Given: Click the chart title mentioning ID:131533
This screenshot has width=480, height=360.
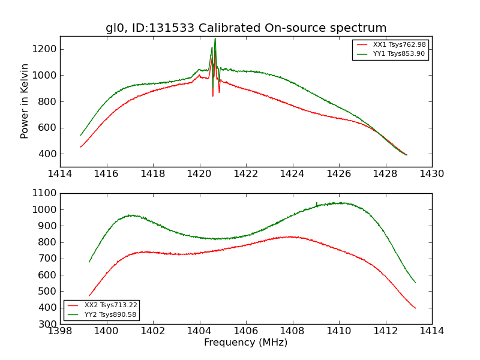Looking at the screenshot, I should (x=246, y=28).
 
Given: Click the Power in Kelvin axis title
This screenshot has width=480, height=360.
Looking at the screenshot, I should (x=25, y=101).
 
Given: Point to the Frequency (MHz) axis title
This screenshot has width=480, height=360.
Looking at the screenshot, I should (x=246, y=343).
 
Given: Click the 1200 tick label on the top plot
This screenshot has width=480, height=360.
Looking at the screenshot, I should (x=44, y=49).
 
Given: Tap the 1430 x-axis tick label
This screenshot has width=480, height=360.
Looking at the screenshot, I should (x=431, y=173).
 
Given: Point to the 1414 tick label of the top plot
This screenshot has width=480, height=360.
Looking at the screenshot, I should (x=60, y=173).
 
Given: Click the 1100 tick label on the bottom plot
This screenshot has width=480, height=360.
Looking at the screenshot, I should (x=44, y=193).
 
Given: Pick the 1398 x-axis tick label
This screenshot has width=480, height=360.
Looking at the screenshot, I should (x=60, y=331).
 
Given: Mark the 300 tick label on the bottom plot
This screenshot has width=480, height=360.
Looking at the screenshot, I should (x=48, y=324).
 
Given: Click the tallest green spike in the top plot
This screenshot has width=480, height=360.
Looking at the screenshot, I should (x=215, y=40).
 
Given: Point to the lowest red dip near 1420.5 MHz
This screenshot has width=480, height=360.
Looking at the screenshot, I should (x=212, y=95).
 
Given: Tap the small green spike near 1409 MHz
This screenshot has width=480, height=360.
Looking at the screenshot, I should (x=317, y=203).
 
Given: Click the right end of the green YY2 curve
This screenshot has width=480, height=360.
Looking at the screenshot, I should (x=415, y=283).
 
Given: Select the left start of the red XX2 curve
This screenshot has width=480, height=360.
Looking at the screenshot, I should (x=89, y=295).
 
